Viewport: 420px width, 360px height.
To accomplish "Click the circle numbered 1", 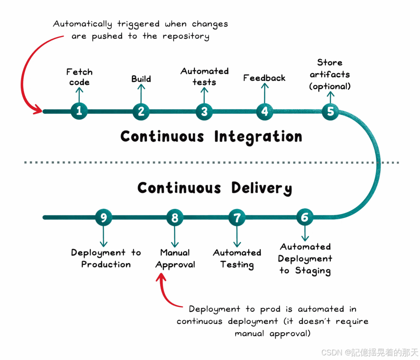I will pos(79,111).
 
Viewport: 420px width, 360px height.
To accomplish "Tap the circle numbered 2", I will pos(141,111).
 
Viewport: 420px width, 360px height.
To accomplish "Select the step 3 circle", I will pos(204,111).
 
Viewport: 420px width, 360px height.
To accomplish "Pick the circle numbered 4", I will pos(265,111).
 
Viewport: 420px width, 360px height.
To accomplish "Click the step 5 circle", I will pos(331,111).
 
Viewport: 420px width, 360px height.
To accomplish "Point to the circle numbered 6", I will pos(305,217).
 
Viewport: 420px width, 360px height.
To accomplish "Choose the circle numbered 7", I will pos(237,218).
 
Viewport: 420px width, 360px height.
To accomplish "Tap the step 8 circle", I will pos(175,218).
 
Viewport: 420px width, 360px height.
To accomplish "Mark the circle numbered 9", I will pos(104,218).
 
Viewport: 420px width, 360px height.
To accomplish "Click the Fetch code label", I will pos(79,77).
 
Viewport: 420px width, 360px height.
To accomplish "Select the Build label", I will pos(141,79).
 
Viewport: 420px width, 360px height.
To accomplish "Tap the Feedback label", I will pos(264,78).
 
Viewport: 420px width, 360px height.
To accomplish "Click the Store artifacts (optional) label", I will pos(330,74).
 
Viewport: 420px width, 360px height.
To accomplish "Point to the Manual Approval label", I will pos(175,259).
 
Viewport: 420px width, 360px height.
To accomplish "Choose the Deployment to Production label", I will pos(106,258).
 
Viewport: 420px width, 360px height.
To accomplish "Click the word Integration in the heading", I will pos(258,137).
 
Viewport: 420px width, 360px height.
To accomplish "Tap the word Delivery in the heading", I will pos(261,188).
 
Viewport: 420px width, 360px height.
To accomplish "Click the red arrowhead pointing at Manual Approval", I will pos(160,278).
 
